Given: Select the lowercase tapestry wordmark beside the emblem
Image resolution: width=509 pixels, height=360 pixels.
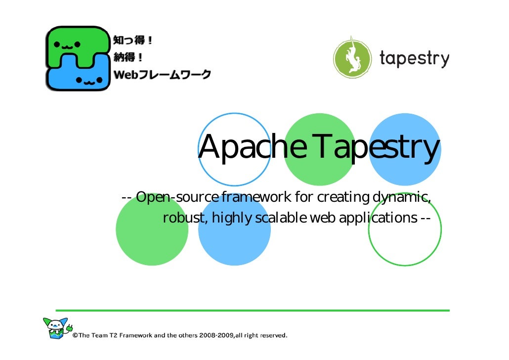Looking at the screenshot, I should point(414,59).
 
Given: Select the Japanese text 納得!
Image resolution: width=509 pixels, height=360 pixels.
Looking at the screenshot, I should point(129,58).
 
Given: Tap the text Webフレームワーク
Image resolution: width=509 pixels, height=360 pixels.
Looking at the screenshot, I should point(163,75).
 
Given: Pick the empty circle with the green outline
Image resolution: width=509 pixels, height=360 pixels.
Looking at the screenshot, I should point(405,229).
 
